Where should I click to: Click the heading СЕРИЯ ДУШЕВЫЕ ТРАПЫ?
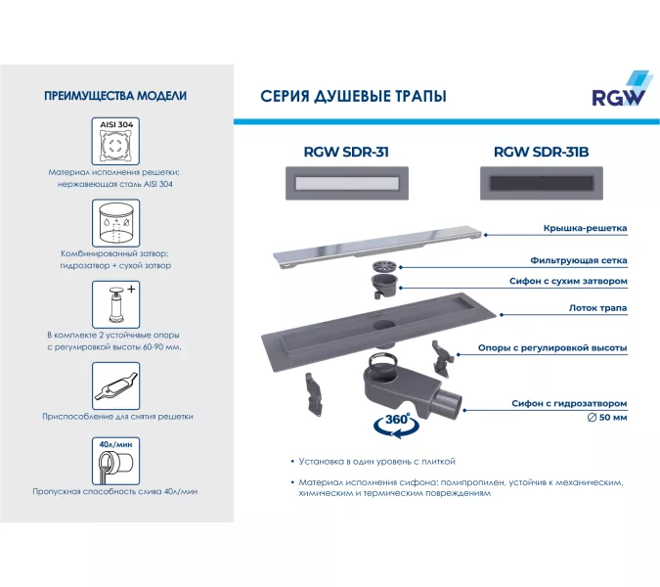tap(353, 97)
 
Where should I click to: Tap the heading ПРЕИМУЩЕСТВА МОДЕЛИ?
tap(116, 96)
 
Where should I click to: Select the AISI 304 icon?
tap(116, 143)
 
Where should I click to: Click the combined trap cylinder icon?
tap(116, 224)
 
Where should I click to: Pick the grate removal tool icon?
tap(116, 384)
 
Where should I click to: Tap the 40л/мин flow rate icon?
tap(116, 460)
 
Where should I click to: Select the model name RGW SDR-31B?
tap(541, 152)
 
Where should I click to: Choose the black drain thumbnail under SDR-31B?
tap(542, 183)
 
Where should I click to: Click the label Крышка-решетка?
tap(585, 229)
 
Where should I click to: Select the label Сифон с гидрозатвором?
tap(568, 403)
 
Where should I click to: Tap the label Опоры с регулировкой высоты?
tap(552, 348)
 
